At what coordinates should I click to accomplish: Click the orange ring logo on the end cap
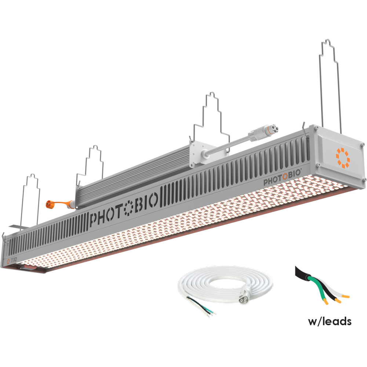tap(343, 158)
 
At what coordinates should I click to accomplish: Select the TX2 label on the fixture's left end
tap(13, 260)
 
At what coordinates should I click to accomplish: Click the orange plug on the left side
tap(51, 204)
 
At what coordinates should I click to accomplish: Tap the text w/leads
tap(330, 321)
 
